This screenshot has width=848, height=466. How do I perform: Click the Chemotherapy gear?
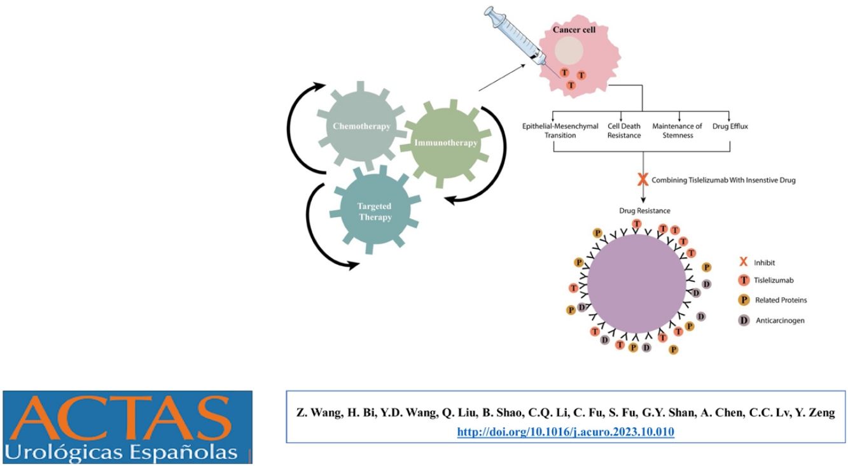pos(361,126)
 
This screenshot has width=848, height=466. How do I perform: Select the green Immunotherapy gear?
pos(445,143)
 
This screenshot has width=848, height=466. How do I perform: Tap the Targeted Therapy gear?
pos(374,211)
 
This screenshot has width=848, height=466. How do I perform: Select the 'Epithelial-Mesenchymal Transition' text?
pos(560,131)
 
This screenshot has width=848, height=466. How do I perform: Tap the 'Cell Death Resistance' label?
pos(623,131)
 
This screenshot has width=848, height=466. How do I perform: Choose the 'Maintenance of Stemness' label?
pos(677,131)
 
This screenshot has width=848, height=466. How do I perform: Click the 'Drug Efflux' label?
pos(730,126)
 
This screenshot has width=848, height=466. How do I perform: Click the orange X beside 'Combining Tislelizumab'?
pos(643,180)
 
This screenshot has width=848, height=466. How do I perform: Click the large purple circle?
pos(637,284)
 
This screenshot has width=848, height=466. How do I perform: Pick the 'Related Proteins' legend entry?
pos(773,300)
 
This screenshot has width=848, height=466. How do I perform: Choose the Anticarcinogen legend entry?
pos(773,320)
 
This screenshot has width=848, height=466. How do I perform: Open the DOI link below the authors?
pos(566,432)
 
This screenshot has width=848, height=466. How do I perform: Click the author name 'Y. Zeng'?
pos(815,413)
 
